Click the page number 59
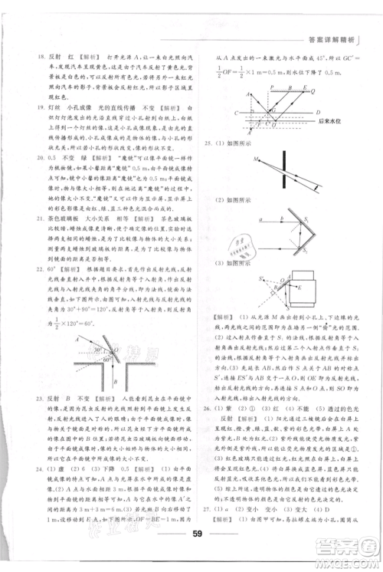(x=197, y=534)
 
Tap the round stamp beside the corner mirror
(x=267, y=245)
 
